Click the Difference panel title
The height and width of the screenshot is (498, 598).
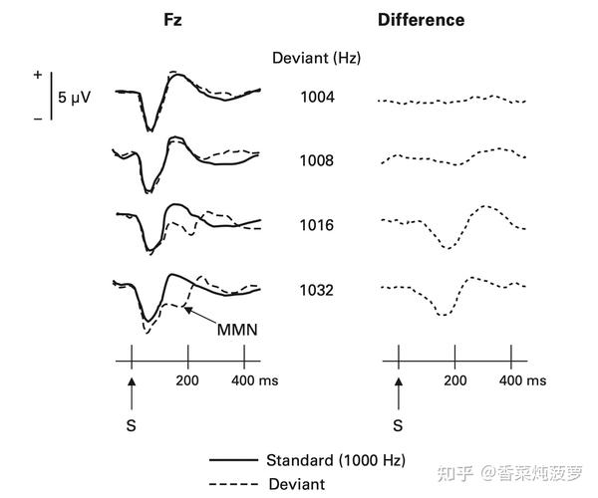(421, 20)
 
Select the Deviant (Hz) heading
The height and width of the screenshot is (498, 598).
(316, 59)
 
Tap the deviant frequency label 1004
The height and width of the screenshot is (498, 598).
(317, 98)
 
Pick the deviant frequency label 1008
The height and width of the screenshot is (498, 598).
(317, 161)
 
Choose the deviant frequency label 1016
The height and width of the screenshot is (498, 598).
(317, 226)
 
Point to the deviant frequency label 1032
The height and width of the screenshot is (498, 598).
(317, 291)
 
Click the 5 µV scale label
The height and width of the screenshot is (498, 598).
(74, 98)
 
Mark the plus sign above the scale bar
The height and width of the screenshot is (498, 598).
(38, 75)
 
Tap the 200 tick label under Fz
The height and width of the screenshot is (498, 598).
(187, 380)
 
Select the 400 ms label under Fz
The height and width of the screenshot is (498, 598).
(254, 380)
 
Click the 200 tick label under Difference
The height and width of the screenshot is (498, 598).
(454, 380)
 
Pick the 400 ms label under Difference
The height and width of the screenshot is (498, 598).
(521, 380)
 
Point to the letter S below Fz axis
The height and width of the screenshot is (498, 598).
(131, 425)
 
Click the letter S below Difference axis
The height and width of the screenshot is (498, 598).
(398, 425)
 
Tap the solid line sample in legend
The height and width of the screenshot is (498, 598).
(233, 461)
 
